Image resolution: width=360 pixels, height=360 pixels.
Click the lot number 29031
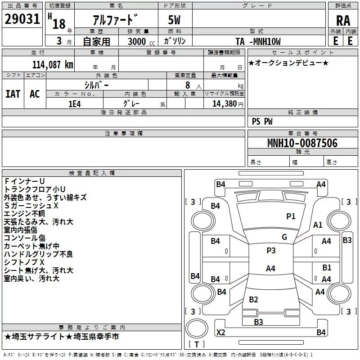(x=22, y=19)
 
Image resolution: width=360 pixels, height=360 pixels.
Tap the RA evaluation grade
(x=343, y=21)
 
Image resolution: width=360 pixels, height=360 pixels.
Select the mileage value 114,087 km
(x=53, y=65)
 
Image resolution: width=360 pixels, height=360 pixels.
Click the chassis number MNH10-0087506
(x=302, y=143)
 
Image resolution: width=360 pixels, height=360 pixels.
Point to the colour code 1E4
(x=75, y=104)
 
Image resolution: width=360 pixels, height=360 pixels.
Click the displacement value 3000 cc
(x=141, y=41)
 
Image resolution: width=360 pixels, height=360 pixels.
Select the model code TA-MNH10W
(x=258, y=41)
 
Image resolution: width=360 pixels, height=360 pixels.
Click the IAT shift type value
(x=13, y=94)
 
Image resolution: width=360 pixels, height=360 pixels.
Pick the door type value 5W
(x=174, y=20)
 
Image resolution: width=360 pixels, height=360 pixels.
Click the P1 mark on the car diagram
(x=291, y=216)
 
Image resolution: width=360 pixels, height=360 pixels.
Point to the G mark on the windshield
(x=284, y=237)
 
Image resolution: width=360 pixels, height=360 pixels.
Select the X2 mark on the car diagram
(x=221, y=332)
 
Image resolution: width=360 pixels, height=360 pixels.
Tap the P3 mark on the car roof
(x=271, y=250)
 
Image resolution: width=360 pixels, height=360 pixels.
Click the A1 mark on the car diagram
(x=318, y=225)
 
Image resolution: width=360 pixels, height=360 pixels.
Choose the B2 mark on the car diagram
(x=253, y=299)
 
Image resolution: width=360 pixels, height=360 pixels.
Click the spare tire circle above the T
(x=197, y=328)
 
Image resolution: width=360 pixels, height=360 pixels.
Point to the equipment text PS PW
(x=262, y=121)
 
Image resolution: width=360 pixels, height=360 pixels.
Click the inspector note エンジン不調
(x=24, y=213)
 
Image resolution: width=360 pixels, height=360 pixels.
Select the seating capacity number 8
(x=188, y=85)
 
